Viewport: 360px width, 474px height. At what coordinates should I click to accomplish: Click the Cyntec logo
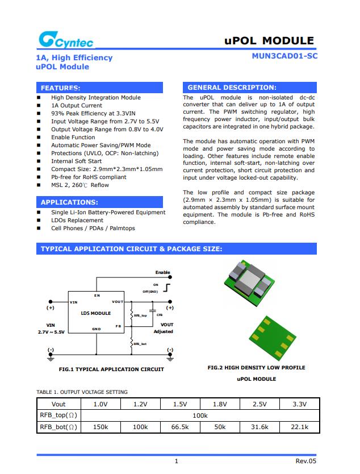tap(65, 40)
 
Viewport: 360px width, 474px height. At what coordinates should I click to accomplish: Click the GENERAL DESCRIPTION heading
tap(232, 88)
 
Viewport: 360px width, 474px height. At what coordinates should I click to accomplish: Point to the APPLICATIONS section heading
tap(69, 202)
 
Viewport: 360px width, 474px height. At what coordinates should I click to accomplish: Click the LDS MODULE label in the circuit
tap(96, 313)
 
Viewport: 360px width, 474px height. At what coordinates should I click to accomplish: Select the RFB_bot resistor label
tap(140, 344)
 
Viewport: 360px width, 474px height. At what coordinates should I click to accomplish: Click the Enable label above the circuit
tap(163, 273)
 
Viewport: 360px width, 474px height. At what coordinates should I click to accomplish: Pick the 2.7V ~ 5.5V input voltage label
tap(51, 331)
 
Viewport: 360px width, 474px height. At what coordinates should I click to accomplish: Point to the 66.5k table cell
tap(180, 427)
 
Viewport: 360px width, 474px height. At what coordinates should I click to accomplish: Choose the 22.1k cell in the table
tap(299, 427)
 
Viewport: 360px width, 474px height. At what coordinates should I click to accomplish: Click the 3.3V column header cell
tap(299, 404)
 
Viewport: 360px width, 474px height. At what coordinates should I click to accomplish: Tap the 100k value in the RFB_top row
tap(200, 415)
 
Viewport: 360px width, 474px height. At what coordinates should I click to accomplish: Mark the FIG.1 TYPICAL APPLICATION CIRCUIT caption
tap(111, 369)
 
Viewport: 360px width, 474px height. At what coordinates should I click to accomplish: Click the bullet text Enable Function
tap(73, 138)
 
